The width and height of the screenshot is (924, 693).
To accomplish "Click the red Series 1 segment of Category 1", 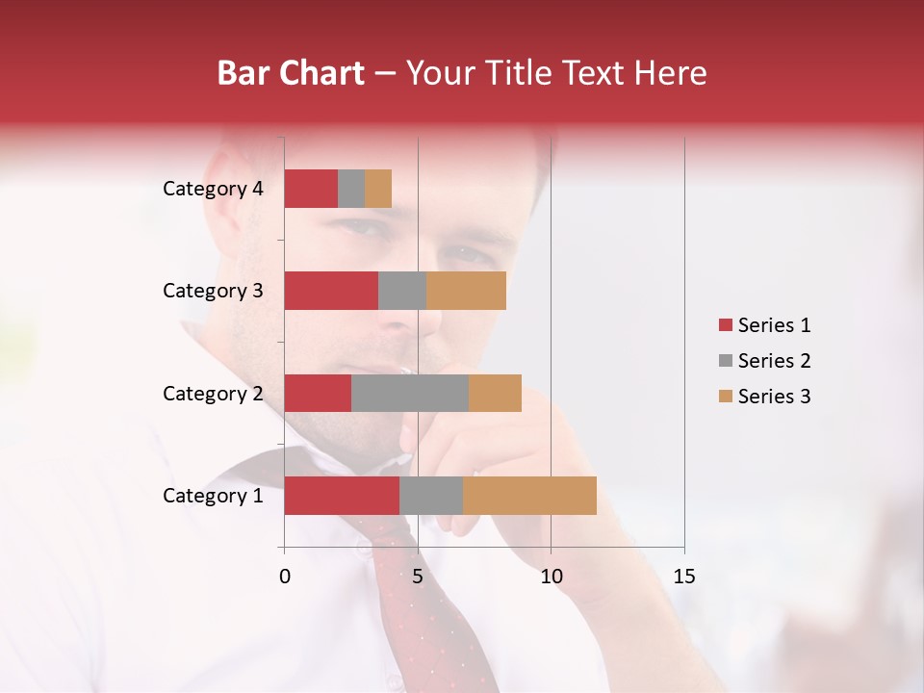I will (x=342, y=496).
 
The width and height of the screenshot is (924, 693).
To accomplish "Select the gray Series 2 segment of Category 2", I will (x=410, y=393).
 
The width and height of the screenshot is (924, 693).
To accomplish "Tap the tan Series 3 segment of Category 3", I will (x=466, y=291).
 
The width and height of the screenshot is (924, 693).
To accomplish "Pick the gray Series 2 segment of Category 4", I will (x=351, y=189).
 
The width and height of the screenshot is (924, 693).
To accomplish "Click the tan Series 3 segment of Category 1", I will (x=529, y=496).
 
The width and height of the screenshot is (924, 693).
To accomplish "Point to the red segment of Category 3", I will (x=331, y=291).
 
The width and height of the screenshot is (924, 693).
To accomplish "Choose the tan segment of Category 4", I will (x=378, y=189).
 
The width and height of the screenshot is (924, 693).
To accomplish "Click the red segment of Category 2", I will (x=318, y=393).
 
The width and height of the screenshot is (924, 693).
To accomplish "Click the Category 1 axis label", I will (x=213, y=496).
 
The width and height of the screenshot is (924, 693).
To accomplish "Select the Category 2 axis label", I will (x=213, y=394).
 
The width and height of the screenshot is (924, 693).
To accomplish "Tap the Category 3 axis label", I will (x=213, y=291).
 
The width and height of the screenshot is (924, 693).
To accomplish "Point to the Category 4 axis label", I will (x=213, y=189).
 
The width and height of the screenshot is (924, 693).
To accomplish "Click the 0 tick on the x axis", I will (x=285, y=577).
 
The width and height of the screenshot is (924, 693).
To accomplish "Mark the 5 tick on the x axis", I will (x=418, y=577).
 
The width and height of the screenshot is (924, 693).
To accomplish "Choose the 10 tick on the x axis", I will (x=551, y=577).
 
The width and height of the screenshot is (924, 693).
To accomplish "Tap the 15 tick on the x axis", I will (x=683, y=577).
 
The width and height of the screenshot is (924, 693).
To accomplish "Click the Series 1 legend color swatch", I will (x=725, y=325).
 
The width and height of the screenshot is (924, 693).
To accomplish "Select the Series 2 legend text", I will (x=774, y=361).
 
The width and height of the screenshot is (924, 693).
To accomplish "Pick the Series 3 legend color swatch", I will (x=725, y=397).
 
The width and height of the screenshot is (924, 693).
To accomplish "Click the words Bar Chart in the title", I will (x=291, y=73).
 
